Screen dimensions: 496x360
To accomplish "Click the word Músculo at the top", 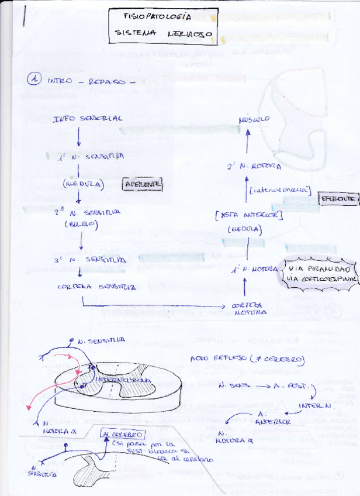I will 254,119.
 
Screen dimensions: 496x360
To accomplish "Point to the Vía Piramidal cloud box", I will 320,273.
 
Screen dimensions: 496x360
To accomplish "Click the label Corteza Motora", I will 245,309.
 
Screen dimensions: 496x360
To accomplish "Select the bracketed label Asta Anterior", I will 248,216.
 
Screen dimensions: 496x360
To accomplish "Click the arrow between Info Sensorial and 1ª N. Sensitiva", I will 79,137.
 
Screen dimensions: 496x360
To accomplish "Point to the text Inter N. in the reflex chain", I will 310,404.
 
